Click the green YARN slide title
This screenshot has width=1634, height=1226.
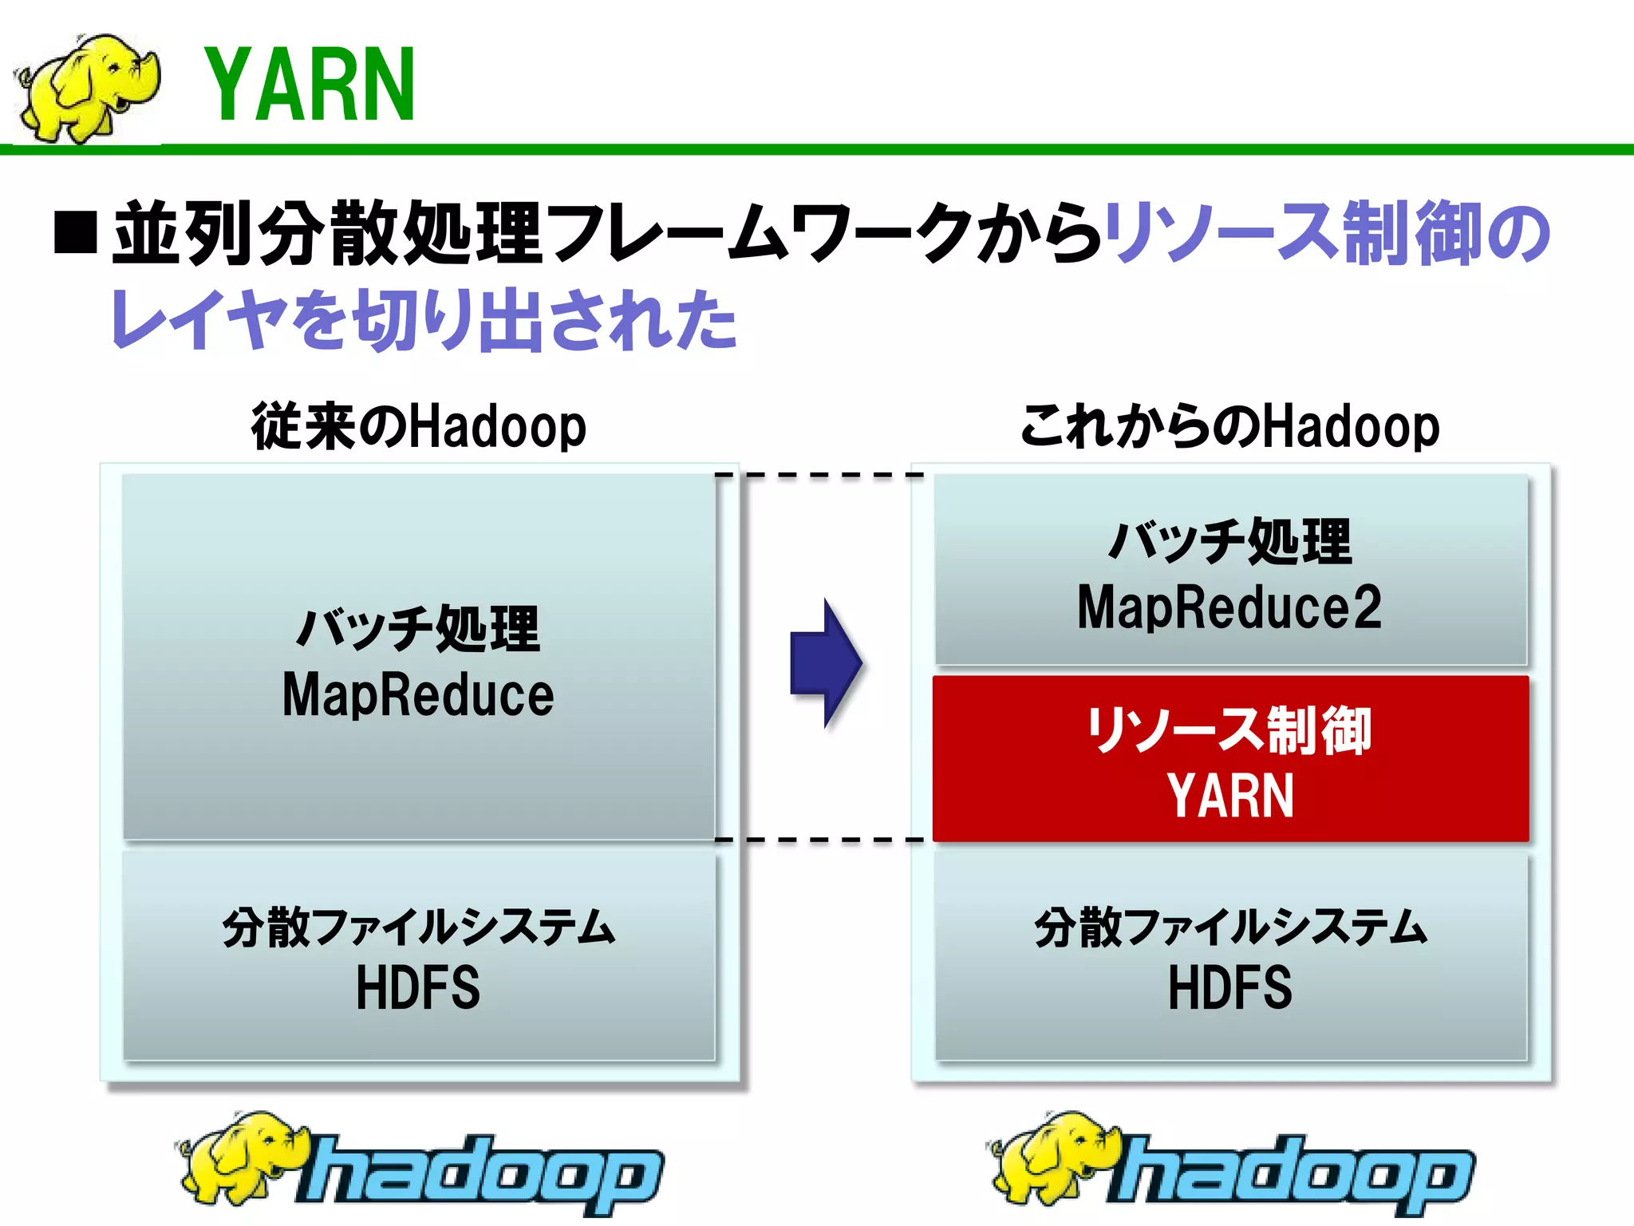tap(310, 85)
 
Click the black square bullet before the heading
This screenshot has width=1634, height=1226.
tap(76, 232)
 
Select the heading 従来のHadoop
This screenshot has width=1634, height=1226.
tap(418, 426)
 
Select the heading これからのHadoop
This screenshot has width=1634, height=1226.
tap(1229, 426)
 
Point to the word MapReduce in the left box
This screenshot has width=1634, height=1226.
tap(418, 694)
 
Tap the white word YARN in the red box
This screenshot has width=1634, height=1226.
tap(1229, 796)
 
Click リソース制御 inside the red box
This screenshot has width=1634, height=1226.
tap(1229, 730)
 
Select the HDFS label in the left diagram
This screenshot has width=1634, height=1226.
tap(418, 988)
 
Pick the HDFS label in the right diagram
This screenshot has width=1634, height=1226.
tap(1229, 988)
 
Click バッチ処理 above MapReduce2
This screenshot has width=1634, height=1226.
tap(1229, 541)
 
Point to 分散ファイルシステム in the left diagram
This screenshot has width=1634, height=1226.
tap(418, 927)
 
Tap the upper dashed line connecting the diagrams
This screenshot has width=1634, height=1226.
tap(820, 476)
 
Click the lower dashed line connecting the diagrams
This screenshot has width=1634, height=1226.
tap(820, 840)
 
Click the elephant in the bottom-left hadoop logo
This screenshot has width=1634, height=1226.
tap(239, 1157)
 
